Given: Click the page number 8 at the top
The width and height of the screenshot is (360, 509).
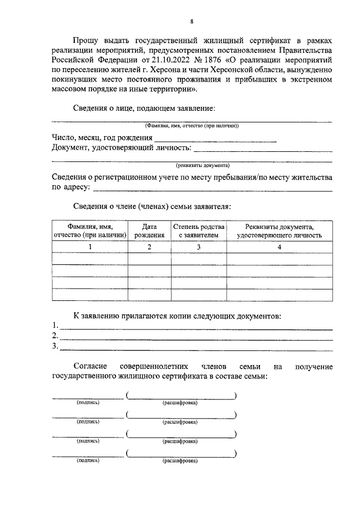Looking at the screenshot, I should [x=191, y=21].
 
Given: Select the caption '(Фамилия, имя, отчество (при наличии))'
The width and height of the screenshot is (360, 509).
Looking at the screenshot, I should [x=191, y=126].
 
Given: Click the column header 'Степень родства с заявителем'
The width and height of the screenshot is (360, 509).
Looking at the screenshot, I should [x=198, y=231].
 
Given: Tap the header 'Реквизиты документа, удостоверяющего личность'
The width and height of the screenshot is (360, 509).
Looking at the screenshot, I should [x=279, y=231].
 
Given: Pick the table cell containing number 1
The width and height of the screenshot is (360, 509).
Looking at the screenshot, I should [x=89, y=246].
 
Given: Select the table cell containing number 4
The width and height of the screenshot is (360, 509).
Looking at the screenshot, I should [x=279, y=246].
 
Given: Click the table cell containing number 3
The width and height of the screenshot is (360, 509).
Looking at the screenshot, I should [x=198, y=246].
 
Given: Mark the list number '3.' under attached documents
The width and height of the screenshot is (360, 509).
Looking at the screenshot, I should [x=55, y=346].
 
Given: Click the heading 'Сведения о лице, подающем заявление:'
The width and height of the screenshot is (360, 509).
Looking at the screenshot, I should [x=144, y=108].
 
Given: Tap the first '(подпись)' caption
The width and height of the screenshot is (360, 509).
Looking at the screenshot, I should [x=88, y=403].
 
